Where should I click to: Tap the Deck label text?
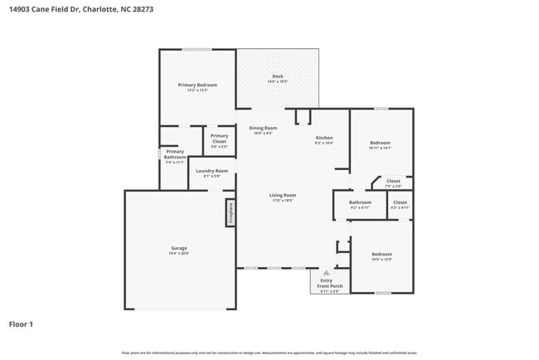coord(278,77)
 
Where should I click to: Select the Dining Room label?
coord(263,129)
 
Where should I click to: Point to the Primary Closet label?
coord(219,138)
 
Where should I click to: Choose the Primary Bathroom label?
coord(174,154)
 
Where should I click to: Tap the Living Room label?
coord(282,197)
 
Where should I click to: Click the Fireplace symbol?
coord(231,212)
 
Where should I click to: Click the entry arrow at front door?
coord(326,272)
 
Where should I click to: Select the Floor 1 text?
coord(21,324)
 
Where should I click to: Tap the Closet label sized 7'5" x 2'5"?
coord(393,182)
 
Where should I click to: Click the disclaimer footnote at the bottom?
coord(269,353)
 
